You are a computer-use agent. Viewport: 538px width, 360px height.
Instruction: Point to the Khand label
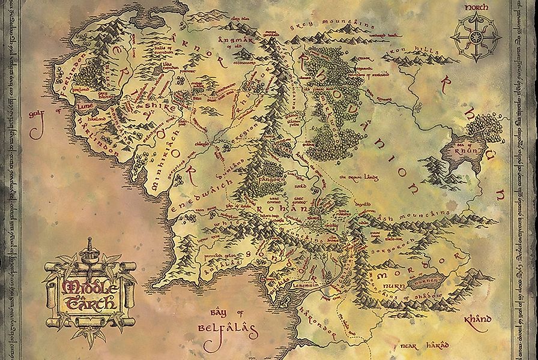tap(478, 319)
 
